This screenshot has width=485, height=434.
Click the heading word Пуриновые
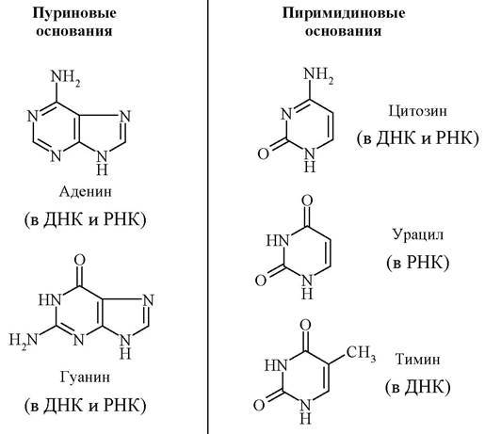pyautogui.click(x=74, y=13)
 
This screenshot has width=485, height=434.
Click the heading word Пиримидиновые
pyautogui.click(x=344, y=13)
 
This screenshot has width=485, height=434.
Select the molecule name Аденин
pyautogui.click(x=86, y=191)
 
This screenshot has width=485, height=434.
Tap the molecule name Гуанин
pyautogui.click(x=85, y=378)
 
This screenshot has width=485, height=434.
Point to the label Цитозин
pyautogui.click(x=417, y=112)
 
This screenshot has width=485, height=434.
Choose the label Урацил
pyautogui.click(x=418, y=234)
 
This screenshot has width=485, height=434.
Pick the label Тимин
pyautogui.click(x=417, y=360)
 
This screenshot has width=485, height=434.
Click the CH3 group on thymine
pyautogui.click(x=361, y=353)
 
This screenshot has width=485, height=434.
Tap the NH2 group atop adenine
pyautogui.click(x=65, y=77)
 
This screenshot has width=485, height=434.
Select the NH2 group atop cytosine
pyautogui.click(x=318, y=75)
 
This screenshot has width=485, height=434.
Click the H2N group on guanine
pyautogui.click(x=24, y=340)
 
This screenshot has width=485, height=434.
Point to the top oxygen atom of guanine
pyautogui.click(x=80, y=260)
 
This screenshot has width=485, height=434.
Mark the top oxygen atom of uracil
pyautogui.click(x=307, y=201)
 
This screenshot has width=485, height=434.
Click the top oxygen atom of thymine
pyautogui.click(x=305, y=325)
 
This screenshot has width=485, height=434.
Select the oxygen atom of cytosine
pyautogui.click(x=264, y=153)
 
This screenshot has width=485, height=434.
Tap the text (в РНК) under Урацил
pyautogui.click(x=418, y=262)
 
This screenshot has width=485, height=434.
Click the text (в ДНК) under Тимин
pyautogui.click(x=418, y=387)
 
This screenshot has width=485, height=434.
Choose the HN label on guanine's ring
pyautogui.click(x=50, y=299)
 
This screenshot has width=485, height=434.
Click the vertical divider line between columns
pyautogui.click(x=208, y=217)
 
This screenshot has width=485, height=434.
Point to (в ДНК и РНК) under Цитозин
pyautogui.click(x=418, y=138)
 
